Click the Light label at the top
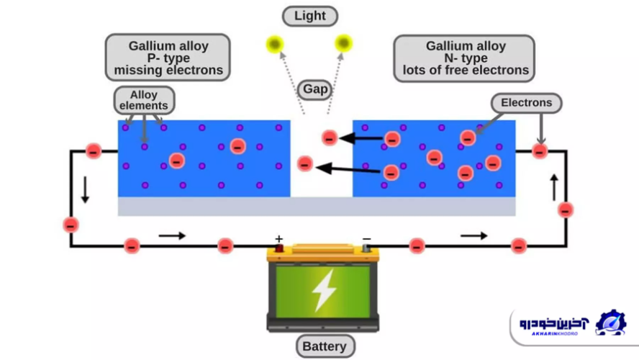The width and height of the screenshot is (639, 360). [310, 16]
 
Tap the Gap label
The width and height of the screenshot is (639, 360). [314, 90]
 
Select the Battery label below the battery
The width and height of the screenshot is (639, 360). [324, 346]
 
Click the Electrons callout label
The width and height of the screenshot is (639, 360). [526, 103]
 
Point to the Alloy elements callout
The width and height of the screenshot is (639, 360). [144, 100]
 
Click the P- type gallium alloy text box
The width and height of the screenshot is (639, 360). [168, 58]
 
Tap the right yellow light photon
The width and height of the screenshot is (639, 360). [344, 44]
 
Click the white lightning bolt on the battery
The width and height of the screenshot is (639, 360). [324, 290]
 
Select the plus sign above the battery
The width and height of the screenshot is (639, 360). [279, 238]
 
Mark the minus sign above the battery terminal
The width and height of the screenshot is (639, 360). [366, 238]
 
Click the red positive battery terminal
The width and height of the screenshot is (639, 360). [279, 249]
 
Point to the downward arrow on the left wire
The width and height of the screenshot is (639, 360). [86, 189]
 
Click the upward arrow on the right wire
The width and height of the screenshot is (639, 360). [554, 187]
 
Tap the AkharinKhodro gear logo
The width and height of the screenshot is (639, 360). [610, 323]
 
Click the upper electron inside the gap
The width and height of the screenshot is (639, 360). [330, 138]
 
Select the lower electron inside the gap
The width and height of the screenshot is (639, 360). [305, 164]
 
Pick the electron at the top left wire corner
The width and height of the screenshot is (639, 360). [93, 151]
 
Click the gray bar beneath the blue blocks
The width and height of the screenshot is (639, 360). [317, 207]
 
